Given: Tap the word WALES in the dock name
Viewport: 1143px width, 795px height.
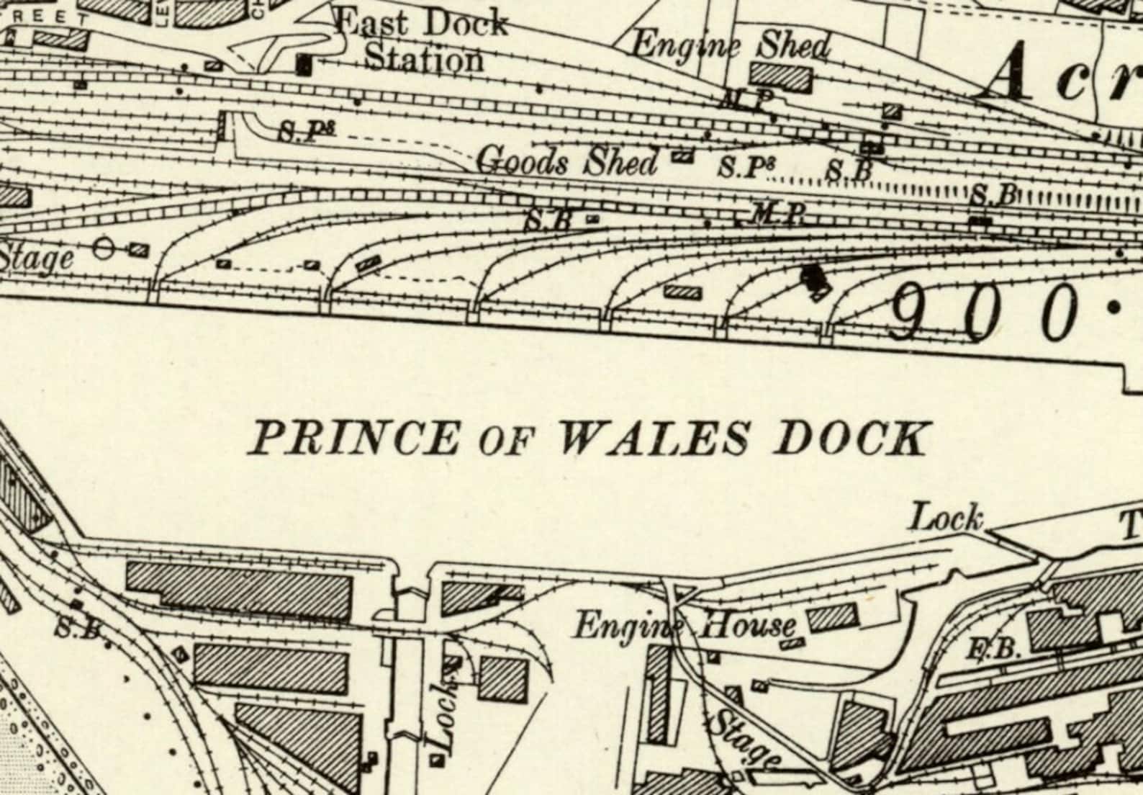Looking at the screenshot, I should pyautogui.click(x=654, y=439).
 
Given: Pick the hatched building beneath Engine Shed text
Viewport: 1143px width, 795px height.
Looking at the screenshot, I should pyautogui.click(x=781, y=76).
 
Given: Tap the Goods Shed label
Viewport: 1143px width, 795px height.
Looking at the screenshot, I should pyautogui.click(x=567, y=161).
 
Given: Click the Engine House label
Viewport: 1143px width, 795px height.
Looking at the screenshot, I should pyautogui.click(x=685, y=625).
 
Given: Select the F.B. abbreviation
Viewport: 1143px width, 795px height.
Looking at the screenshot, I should pyautogui.click(x=997, y=650).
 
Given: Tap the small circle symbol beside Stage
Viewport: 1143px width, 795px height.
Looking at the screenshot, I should pyautogui.click(x=104, y=249).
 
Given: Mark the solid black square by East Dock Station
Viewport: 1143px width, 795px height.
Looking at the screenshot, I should pyautogui.click(x=304, y=65).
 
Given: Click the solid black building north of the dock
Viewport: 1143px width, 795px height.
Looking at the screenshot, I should pyautogui.click(x=815, y=281).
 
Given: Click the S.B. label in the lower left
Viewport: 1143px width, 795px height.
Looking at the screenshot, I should pyautogui.click(x=78, y=629).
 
